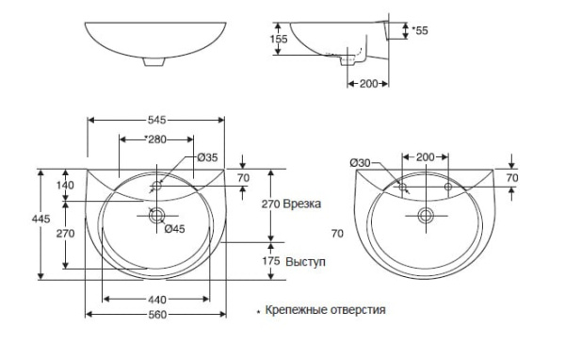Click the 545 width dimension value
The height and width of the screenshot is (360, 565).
(156, 120)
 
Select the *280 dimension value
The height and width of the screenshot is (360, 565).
(155, 139)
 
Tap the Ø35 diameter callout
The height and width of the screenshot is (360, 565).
(207, 157)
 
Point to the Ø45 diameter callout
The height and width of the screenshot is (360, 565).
(175, 229)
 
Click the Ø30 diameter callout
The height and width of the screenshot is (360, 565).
(361, 163)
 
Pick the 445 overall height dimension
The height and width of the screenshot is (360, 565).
(40, 219)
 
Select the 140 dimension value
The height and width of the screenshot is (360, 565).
(65, 185)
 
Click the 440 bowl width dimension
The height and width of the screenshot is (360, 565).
(157, 300)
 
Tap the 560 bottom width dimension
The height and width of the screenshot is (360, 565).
(157, 315)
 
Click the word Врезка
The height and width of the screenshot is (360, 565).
(302, 204)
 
